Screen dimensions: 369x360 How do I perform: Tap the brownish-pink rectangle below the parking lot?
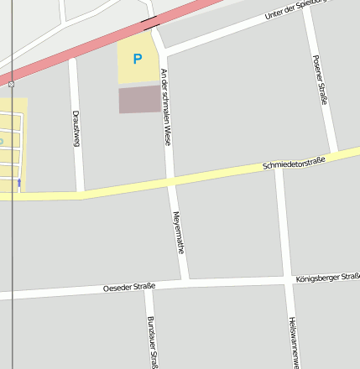pyautogui.click(x=139, y=99)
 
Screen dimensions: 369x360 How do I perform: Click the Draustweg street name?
pyautogui.click(x=76, y=127)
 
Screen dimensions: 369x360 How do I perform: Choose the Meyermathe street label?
pyautogui.click(x=178, y=232)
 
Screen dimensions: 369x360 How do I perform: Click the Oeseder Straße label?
pyautogui.click(x=128, y=288)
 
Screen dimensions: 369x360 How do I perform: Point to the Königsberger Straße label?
pyautogui.click(x=328, y=277)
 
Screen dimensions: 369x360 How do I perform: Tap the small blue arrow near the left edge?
pyautogui.click(x=19, y=181)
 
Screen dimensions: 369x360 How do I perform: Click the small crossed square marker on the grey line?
pyautogui.click(x=11, y=84)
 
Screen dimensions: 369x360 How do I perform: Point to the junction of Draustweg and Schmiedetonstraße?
pyautogui.click(x=81, y=194)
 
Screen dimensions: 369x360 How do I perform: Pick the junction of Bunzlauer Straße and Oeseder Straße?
pyautogui.click(x=149, y=285)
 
